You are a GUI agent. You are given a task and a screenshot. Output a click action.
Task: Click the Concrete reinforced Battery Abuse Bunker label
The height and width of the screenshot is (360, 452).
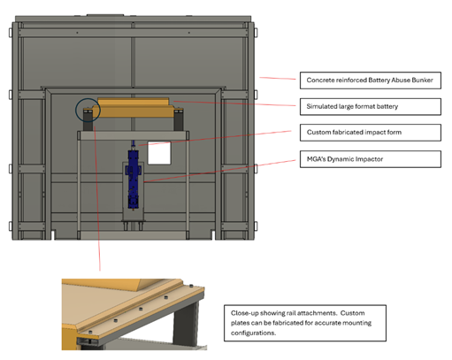click(x=371, y=80)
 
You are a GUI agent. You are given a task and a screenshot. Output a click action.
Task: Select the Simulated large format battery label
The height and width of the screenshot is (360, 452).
click(x=371, y=106)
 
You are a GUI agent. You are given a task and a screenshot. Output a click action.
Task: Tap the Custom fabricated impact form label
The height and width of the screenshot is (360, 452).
click(x=371, y=133)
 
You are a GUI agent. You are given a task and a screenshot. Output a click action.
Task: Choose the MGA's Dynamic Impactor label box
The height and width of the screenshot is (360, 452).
click(x=371, y=159)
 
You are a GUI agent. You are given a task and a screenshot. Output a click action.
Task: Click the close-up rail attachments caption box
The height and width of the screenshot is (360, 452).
click(x=305, y=323)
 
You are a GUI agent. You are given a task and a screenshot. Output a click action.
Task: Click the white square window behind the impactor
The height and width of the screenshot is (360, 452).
click(x=159, y=153)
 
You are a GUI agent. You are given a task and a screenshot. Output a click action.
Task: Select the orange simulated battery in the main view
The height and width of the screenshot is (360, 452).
click(x=133, y=108)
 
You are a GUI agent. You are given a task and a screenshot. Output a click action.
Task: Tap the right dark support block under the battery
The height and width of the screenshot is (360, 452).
click(x=179, y=121)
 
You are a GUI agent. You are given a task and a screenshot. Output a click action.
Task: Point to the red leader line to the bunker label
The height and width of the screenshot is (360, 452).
click(x=278, y=79)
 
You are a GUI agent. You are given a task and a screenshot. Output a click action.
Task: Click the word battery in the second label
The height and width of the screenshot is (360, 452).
click(x=387, y=106)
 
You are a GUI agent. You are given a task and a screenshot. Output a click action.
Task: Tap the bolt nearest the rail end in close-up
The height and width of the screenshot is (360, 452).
click(x=191, y=286)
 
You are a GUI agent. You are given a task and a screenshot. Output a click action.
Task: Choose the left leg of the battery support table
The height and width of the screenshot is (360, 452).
click(x=79, y=185)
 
